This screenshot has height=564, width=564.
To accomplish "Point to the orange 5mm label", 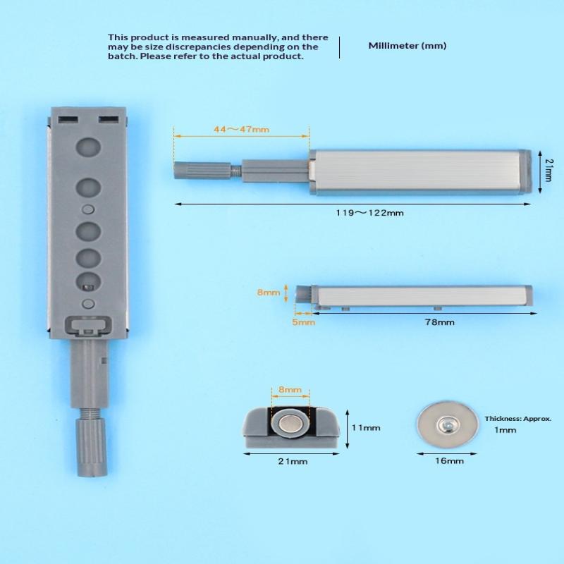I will click(x=303, y=322).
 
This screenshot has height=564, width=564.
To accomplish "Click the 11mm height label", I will click(x=366, y=428).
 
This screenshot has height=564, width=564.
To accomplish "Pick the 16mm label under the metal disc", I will click(x=450, y=461).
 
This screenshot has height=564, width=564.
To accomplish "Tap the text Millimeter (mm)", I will click(x=407, y=46).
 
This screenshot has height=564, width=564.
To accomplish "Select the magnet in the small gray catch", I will click(x=290, y=424).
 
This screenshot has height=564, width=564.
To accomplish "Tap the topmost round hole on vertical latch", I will click(x=88, y=147).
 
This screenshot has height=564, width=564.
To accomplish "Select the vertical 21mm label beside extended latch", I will click(x=548, y=171).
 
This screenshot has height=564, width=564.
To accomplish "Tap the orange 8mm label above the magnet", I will click(x=289, y=389).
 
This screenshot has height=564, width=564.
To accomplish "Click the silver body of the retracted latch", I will click(x=423, y=295).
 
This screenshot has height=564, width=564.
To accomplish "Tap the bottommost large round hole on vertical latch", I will click(x=88, y=280).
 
